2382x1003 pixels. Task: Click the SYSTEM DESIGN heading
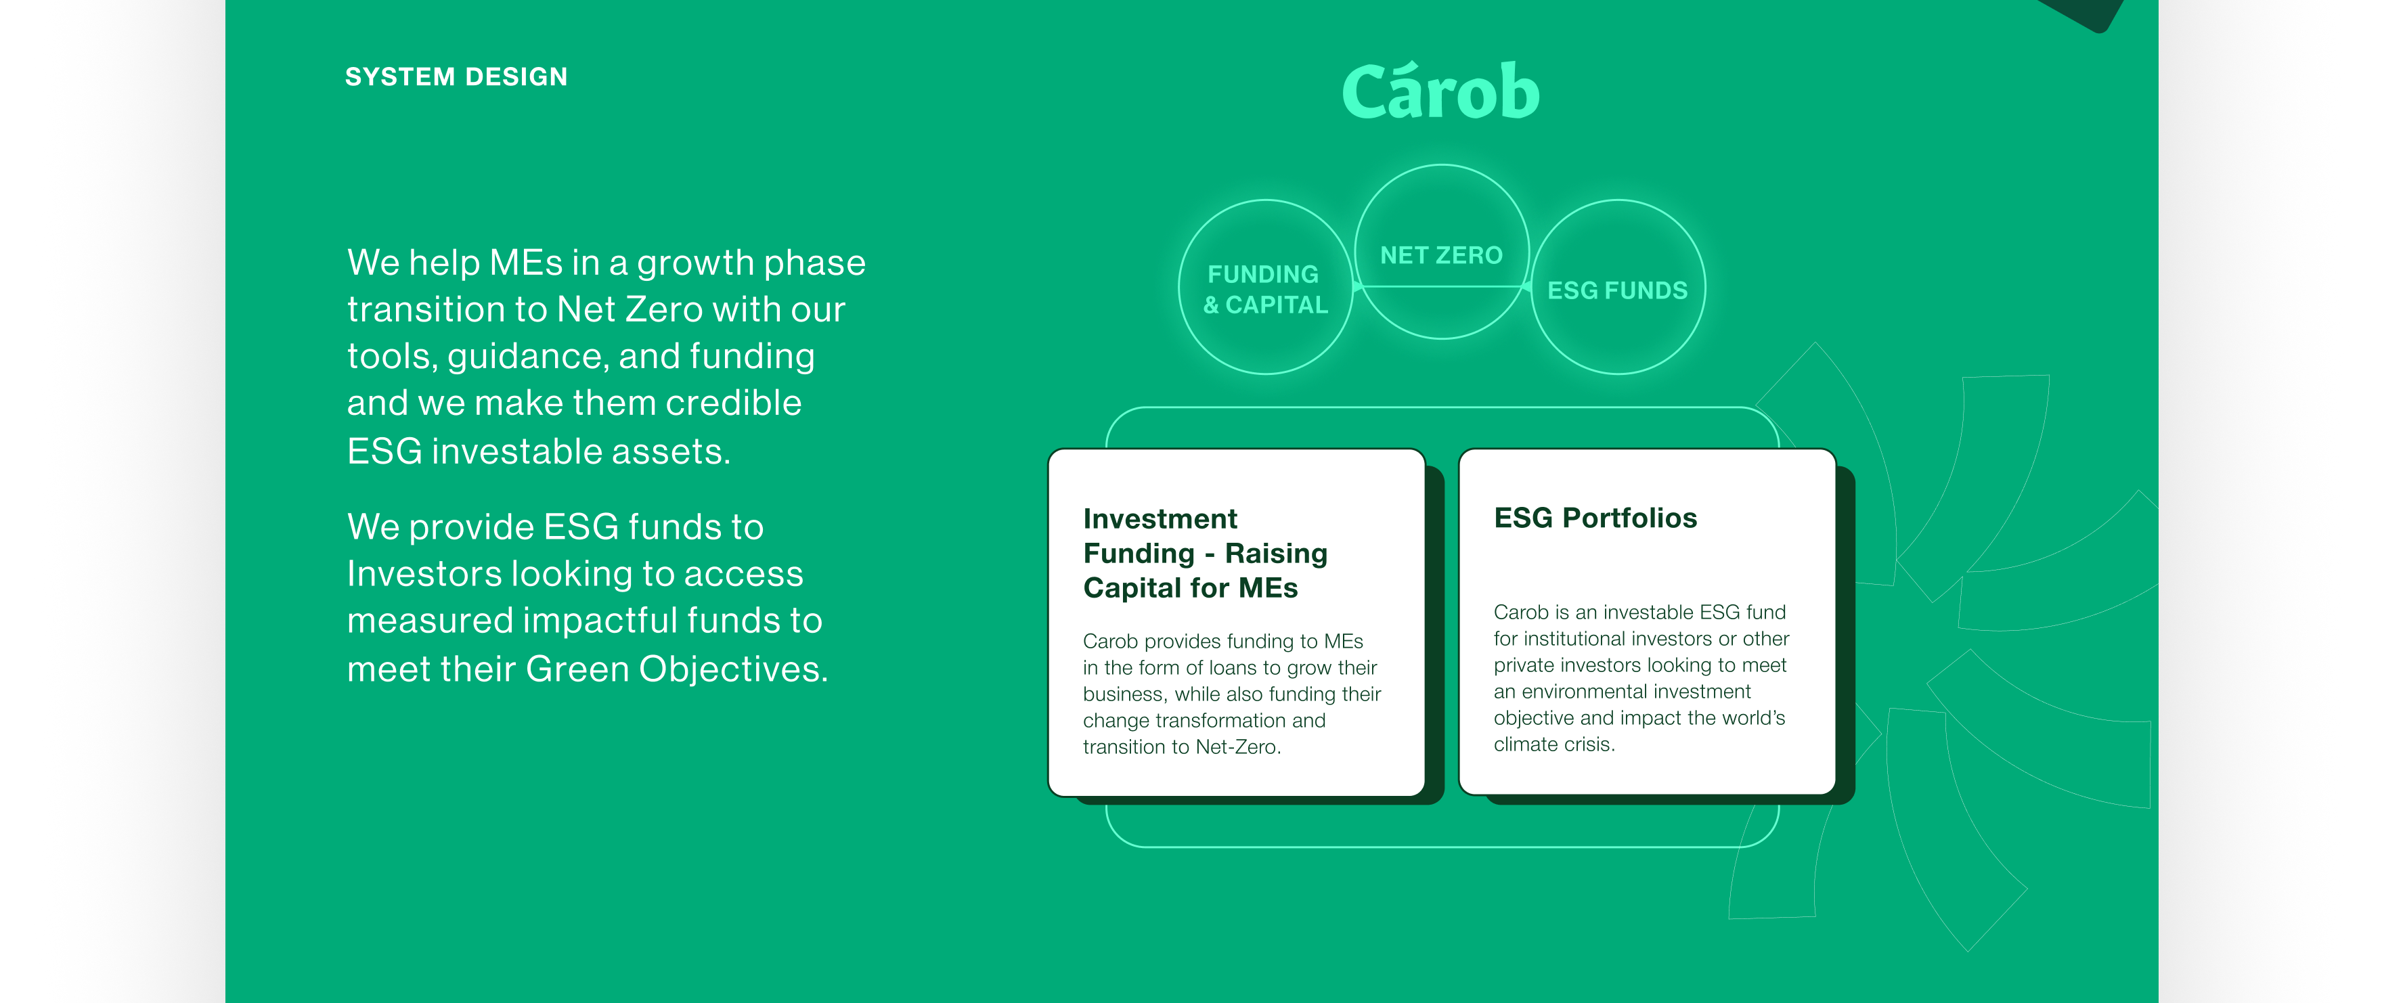point(456,76)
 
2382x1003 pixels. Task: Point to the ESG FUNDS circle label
point(1617,290)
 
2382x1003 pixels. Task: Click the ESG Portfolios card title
point(1595,518)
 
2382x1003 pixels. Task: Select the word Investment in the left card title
point(1160,518)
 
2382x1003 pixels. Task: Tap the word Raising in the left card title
point(1276,554)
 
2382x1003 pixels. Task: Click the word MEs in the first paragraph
point(525,263)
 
